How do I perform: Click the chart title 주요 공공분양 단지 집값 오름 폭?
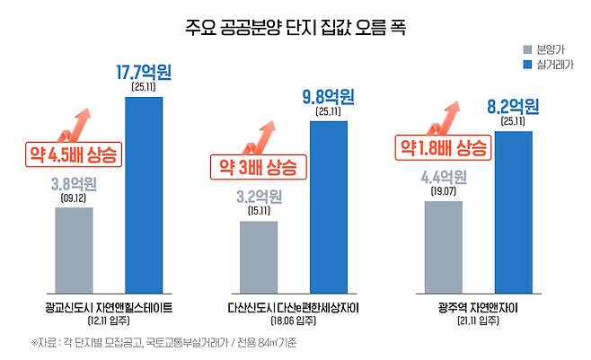(x=295, y=28)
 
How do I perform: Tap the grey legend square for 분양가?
(x=528, y=49)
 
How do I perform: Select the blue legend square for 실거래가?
(x=528, y=65)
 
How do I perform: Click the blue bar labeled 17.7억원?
(x=144, y=195)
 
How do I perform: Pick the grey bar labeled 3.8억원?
(x=74, y=250)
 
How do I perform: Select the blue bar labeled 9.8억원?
(x=329, y=207)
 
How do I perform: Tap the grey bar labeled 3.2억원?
(x=259, y=257)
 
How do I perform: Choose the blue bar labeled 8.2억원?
(x=514, y=213)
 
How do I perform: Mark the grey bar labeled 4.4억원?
(x=444, y=248)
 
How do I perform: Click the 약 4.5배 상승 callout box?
(x=74, y=154)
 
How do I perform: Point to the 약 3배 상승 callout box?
(x=259, y=167)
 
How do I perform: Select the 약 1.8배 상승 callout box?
(x=444, y=147)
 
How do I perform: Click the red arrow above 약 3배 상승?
(x=260, y=138)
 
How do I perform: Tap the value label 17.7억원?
(x=144, y=73)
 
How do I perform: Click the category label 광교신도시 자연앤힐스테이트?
(x=109, y=308)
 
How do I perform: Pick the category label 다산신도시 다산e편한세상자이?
(x=293, y=308)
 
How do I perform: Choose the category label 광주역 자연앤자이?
(x=478, y=308)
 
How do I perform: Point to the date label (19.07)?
(x=444, y=191)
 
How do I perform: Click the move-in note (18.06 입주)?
(x=293, y=320)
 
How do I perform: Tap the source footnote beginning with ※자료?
(x=164, y=343)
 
